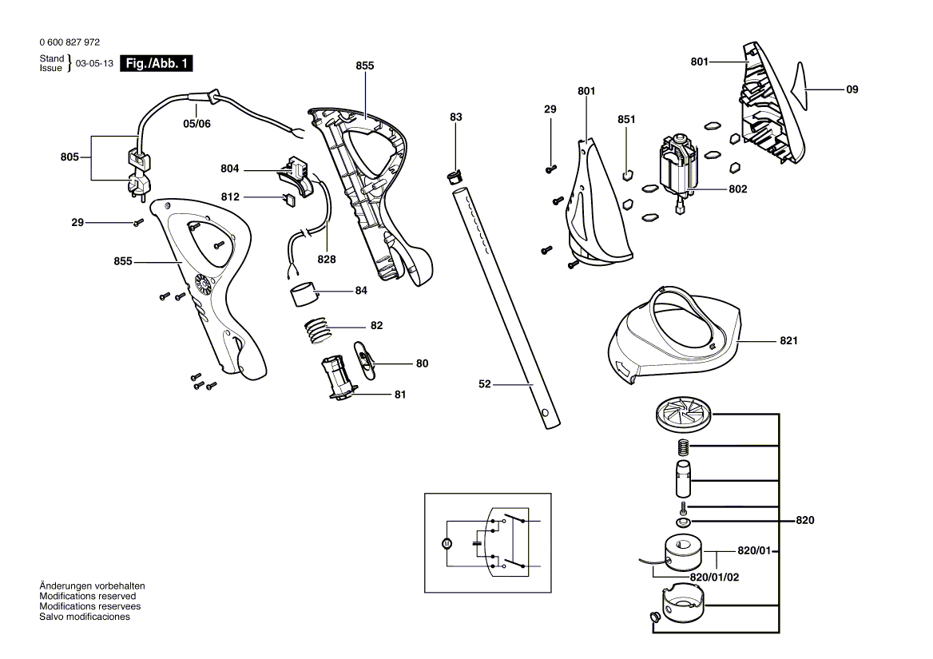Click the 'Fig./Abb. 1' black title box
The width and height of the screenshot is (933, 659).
157,63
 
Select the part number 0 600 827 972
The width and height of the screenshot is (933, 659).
69,42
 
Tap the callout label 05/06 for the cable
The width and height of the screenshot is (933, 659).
197,124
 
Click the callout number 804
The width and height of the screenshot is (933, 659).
230,169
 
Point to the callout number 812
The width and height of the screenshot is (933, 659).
230,197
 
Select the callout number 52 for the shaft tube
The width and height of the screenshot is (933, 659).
485,384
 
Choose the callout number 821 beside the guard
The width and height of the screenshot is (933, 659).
788,341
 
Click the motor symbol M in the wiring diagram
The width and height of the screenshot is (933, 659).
447,544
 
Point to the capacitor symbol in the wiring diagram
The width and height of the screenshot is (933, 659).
477,543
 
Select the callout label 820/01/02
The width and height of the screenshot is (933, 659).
715,577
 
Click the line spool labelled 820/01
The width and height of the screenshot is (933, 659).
682,554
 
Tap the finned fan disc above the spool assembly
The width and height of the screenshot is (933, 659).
684,414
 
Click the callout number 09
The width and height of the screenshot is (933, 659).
852,89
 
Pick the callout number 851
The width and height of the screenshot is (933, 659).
626,120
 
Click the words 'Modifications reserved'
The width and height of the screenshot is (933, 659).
88,596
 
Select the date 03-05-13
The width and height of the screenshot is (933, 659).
94,64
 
